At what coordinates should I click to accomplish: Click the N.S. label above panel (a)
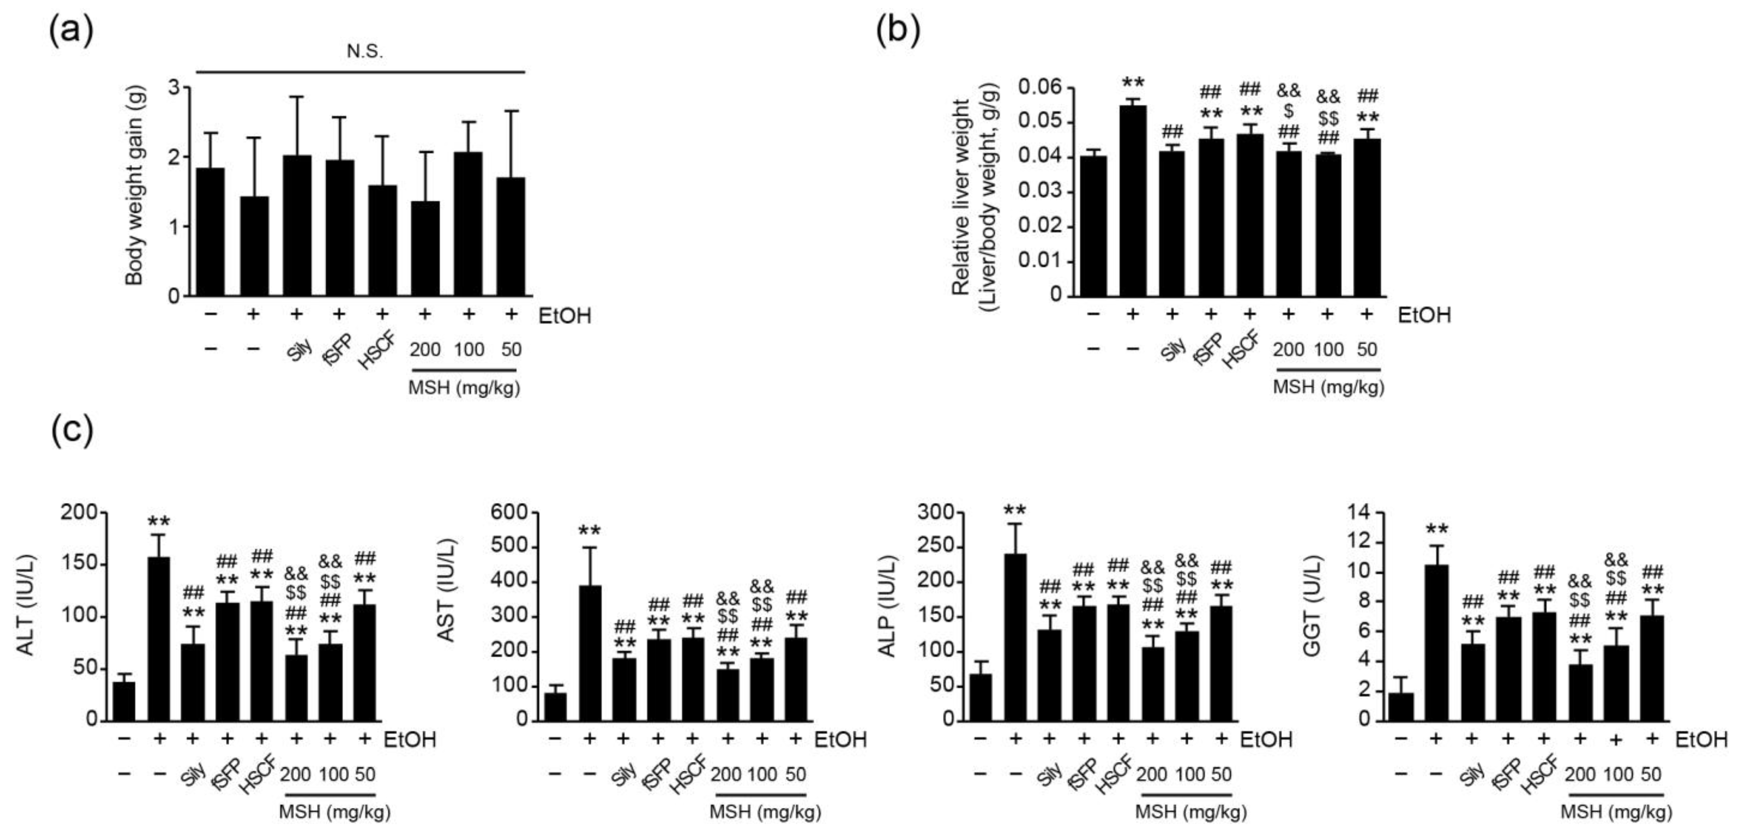coord(365,53)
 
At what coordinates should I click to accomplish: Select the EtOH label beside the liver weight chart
coord(1423,315)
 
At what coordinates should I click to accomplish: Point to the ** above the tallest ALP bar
coord(1015,511)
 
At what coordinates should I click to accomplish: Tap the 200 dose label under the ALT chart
coord(295,775)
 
